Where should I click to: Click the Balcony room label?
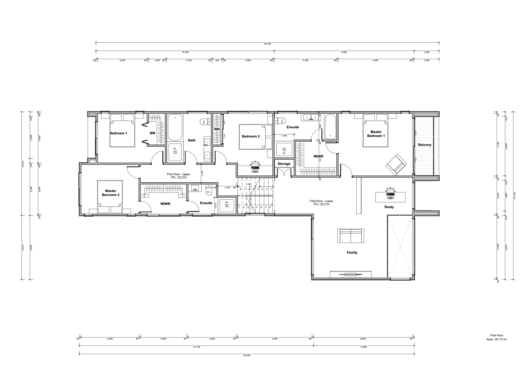[x=425, y=145]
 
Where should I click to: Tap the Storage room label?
[x=284, y=164]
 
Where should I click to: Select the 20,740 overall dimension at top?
[x=267, y=44]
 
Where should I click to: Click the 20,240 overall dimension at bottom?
[x=247, y=355]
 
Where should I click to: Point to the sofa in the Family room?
[x=351, y=235]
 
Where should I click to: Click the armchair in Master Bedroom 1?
[x=396, y=165]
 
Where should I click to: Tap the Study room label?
[x=389, y=207]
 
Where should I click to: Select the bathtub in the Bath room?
[x=175, y=127]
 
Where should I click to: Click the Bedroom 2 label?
[x=251, y=136]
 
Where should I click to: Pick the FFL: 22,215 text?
[x=178, y=178]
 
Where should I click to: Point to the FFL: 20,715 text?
[x=321, y=204]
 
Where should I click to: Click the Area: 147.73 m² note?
[x=497, y=340]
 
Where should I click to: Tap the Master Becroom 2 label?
[x=111, y=193]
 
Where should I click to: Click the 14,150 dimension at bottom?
[x=196, y=347]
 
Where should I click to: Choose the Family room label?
[x=352, y=252]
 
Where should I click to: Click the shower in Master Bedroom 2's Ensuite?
[x=227, y=204]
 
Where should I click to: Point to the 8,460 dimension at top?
[x=344, y=52]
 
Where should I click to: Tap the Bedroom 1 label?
[x=118, y=133]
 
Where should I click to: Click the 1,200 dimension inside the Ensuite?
[x=284, y=136]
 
